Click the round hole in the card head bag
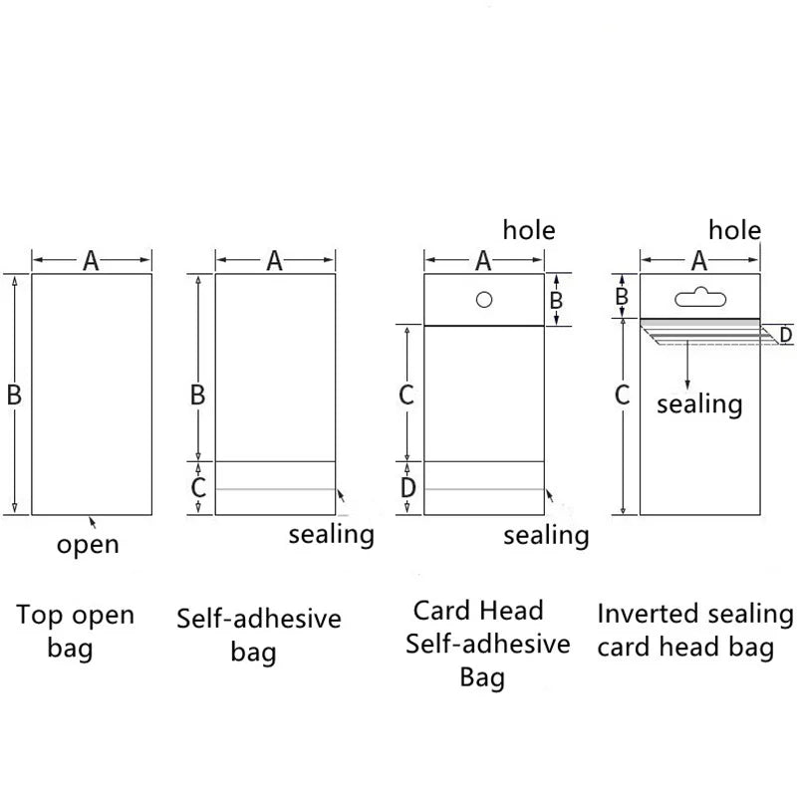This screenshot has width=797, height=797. click(x=483, y=299)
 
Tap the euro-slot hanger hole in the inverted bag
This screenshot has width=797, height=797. click(x=698, y=296)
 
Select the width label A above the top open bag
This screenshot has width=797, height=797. click(x=91, y=261)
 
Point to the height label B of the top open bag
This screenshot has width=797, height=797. click(x=14, y=396)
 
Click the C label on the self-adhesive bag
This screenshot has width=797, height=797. click(x=198, y=488)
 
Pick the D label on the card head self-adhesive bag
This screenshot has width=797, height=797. click(x=407, y=488)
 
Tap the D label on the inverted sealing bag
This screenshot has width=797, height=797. click(x=785, y=336)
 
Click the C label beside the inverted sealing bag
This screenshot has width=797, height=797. click(x=623, y=396)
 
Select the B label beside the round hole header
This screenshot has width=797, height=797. click(x=556, y=299)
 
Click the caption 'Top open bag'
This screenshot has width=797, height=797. click(x=75, y=632)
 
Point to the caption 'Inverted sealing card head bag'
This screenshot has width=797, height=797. click(x=695, y=631)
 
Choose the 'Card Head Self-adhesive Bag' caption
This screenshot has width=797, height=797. click(x=487, y=644)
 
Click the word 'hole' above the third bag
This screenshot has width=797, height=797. click(x=529, y=231)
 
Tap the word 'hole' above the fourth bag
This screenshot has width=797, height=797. click(x=734, y=231)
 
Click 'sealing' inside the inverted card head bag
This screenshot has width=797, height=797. click(x=699, y=403)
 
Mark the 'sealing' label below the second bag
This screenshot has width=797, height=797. click(x=331, y=534)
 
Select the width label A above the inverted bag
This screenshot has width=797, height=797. click(x=698, y=261)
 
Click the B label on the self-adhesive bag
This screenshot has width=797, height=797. click(x=198, y=396)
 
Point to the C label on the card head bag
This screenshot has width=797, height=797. click(x=406, y=396)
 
